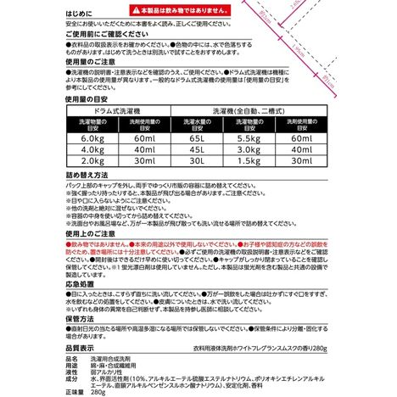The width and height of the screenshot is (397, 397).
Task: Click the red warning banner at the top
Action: [x=159, y=9]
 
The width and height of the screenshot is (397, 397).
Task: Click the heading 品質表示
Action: [x=81, y=348]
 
